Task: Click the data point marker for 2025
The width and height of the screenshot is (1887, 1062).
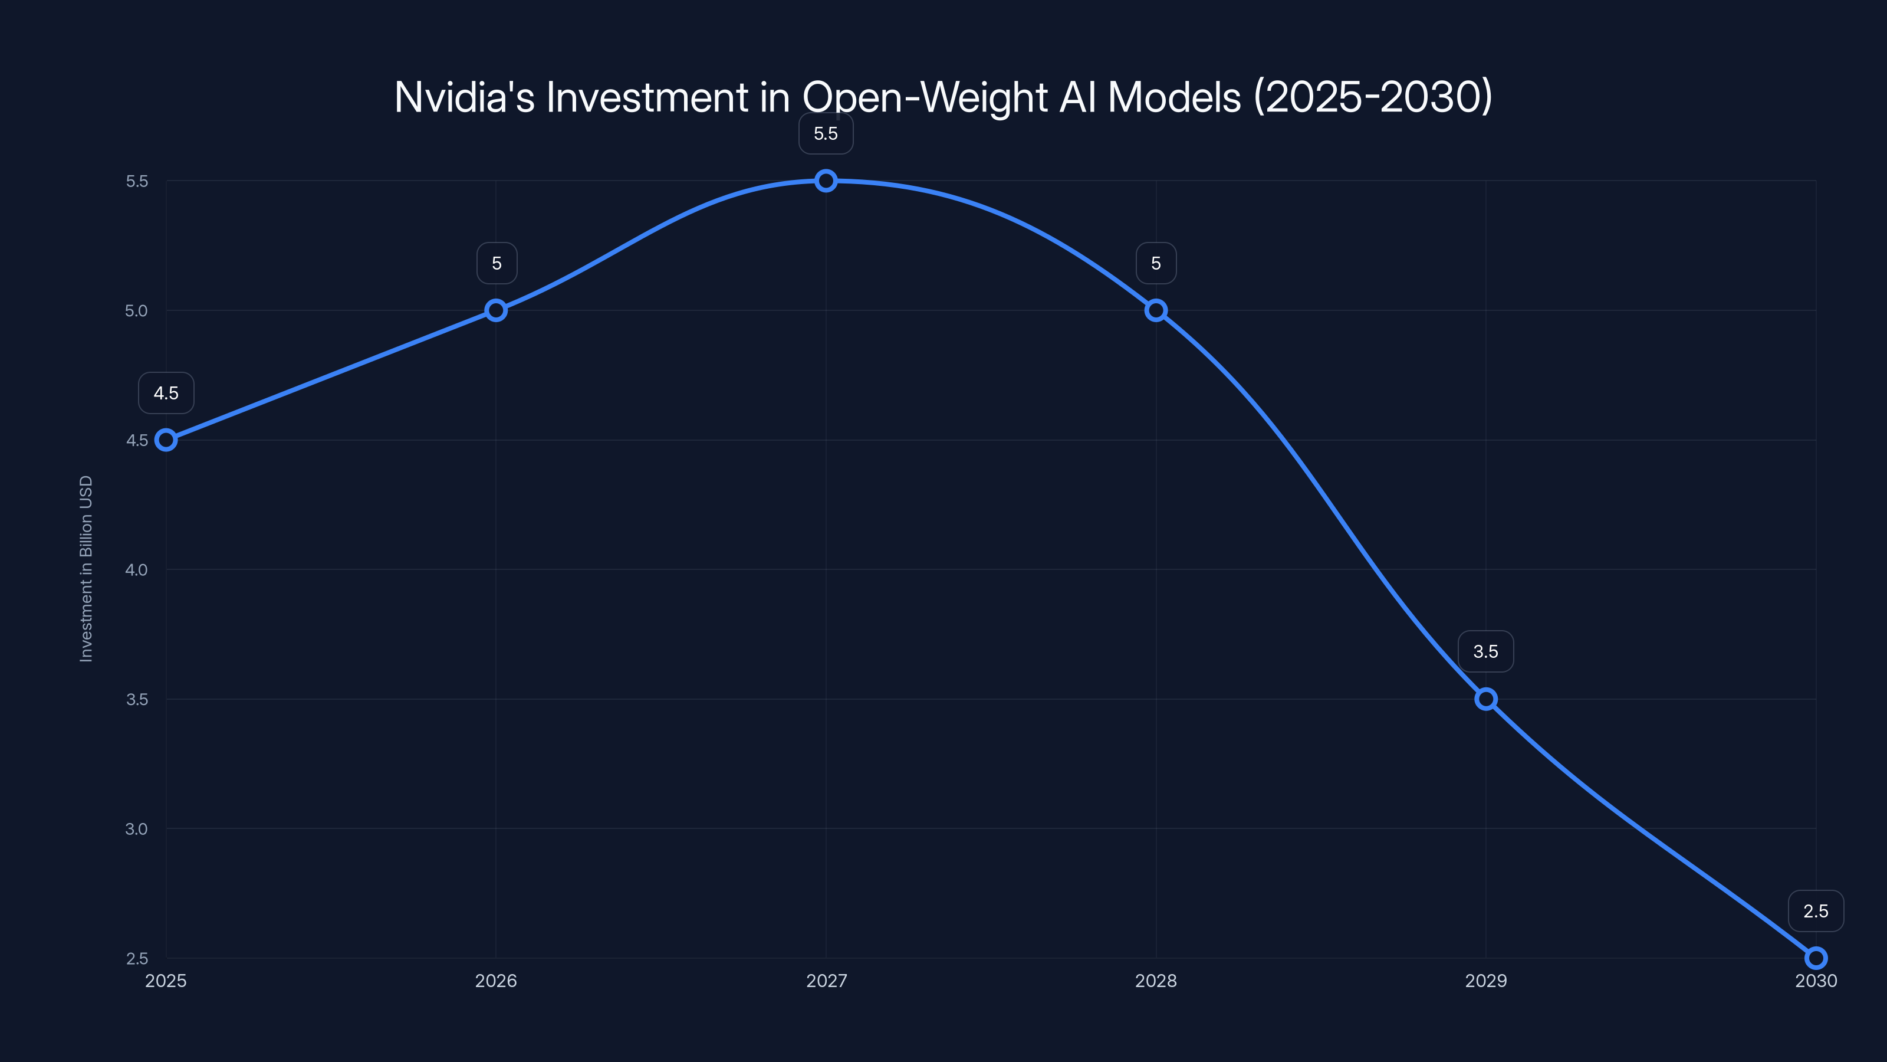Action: click(x=166, y=440)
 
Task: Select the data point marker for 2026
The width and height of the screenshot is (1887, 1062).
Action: click(x=496, y=310)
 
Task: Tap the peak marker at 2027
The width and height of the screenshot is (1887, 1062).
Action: click(x=826, y=181)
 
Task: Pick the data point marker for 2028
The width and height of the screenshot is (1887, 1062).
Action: click(x=1156, y=310)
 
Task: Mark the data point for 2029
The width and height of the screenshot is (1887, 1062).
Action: click(x=1485, y=699)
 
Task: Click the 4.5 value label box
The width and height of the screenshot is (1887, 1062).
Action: click(x=166, y=393)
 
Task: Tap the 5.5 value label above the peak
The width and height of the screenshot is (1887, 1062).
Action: click(x=826, y=133)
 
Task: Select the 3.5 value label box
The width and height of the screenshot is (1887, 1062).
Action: click(x=1485, y=651)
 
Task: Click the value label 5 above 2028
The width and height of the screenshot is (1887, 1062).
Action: click(x=1156, y=263)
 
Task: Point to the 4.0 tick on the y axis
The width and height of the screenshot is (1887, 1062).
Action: click(x=136, y=569)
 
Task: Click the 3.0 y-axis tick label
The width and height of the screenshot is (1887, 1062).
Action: click(x=136, y=828)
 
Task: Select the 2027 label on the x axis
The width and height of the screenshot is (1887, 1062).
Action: click(x=826, y=981)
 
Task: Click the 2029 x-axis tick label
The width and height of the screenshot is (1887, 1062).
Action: click(x=1485, y=981)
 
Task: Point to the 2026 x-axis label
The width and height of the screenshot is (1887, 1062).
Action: click(x=496, y=981)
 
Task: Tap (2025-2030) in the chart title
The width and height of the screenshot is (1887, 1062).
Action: click(x=1373, y=97)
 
